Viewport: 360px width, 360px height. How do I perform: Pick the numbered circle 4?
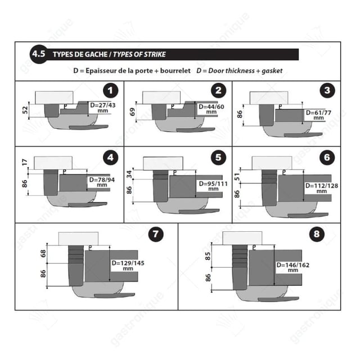pos(112,158)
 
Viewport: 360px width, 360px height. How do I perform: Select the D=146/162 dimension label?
pos(292,267)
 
